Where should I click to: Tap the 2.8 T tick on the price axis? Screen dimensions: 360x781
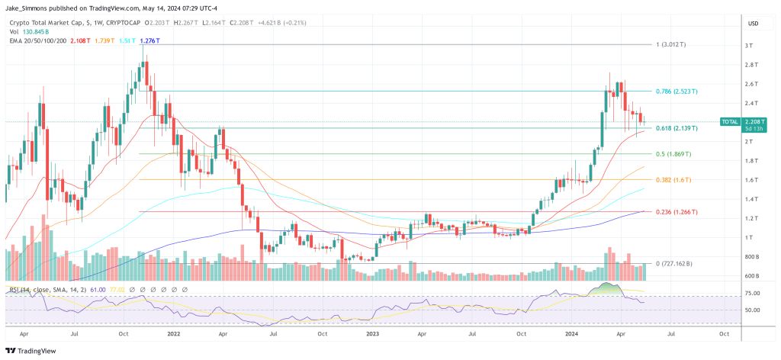752,65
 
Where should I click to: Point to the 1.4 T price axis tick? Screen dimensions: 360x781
752,199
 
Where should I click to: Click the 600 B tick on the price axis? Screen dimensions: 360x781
752,276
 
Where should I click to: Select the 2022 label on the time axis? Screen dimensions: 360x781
174,333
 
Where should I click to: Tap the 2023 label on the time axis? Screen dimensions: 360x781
373,333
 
